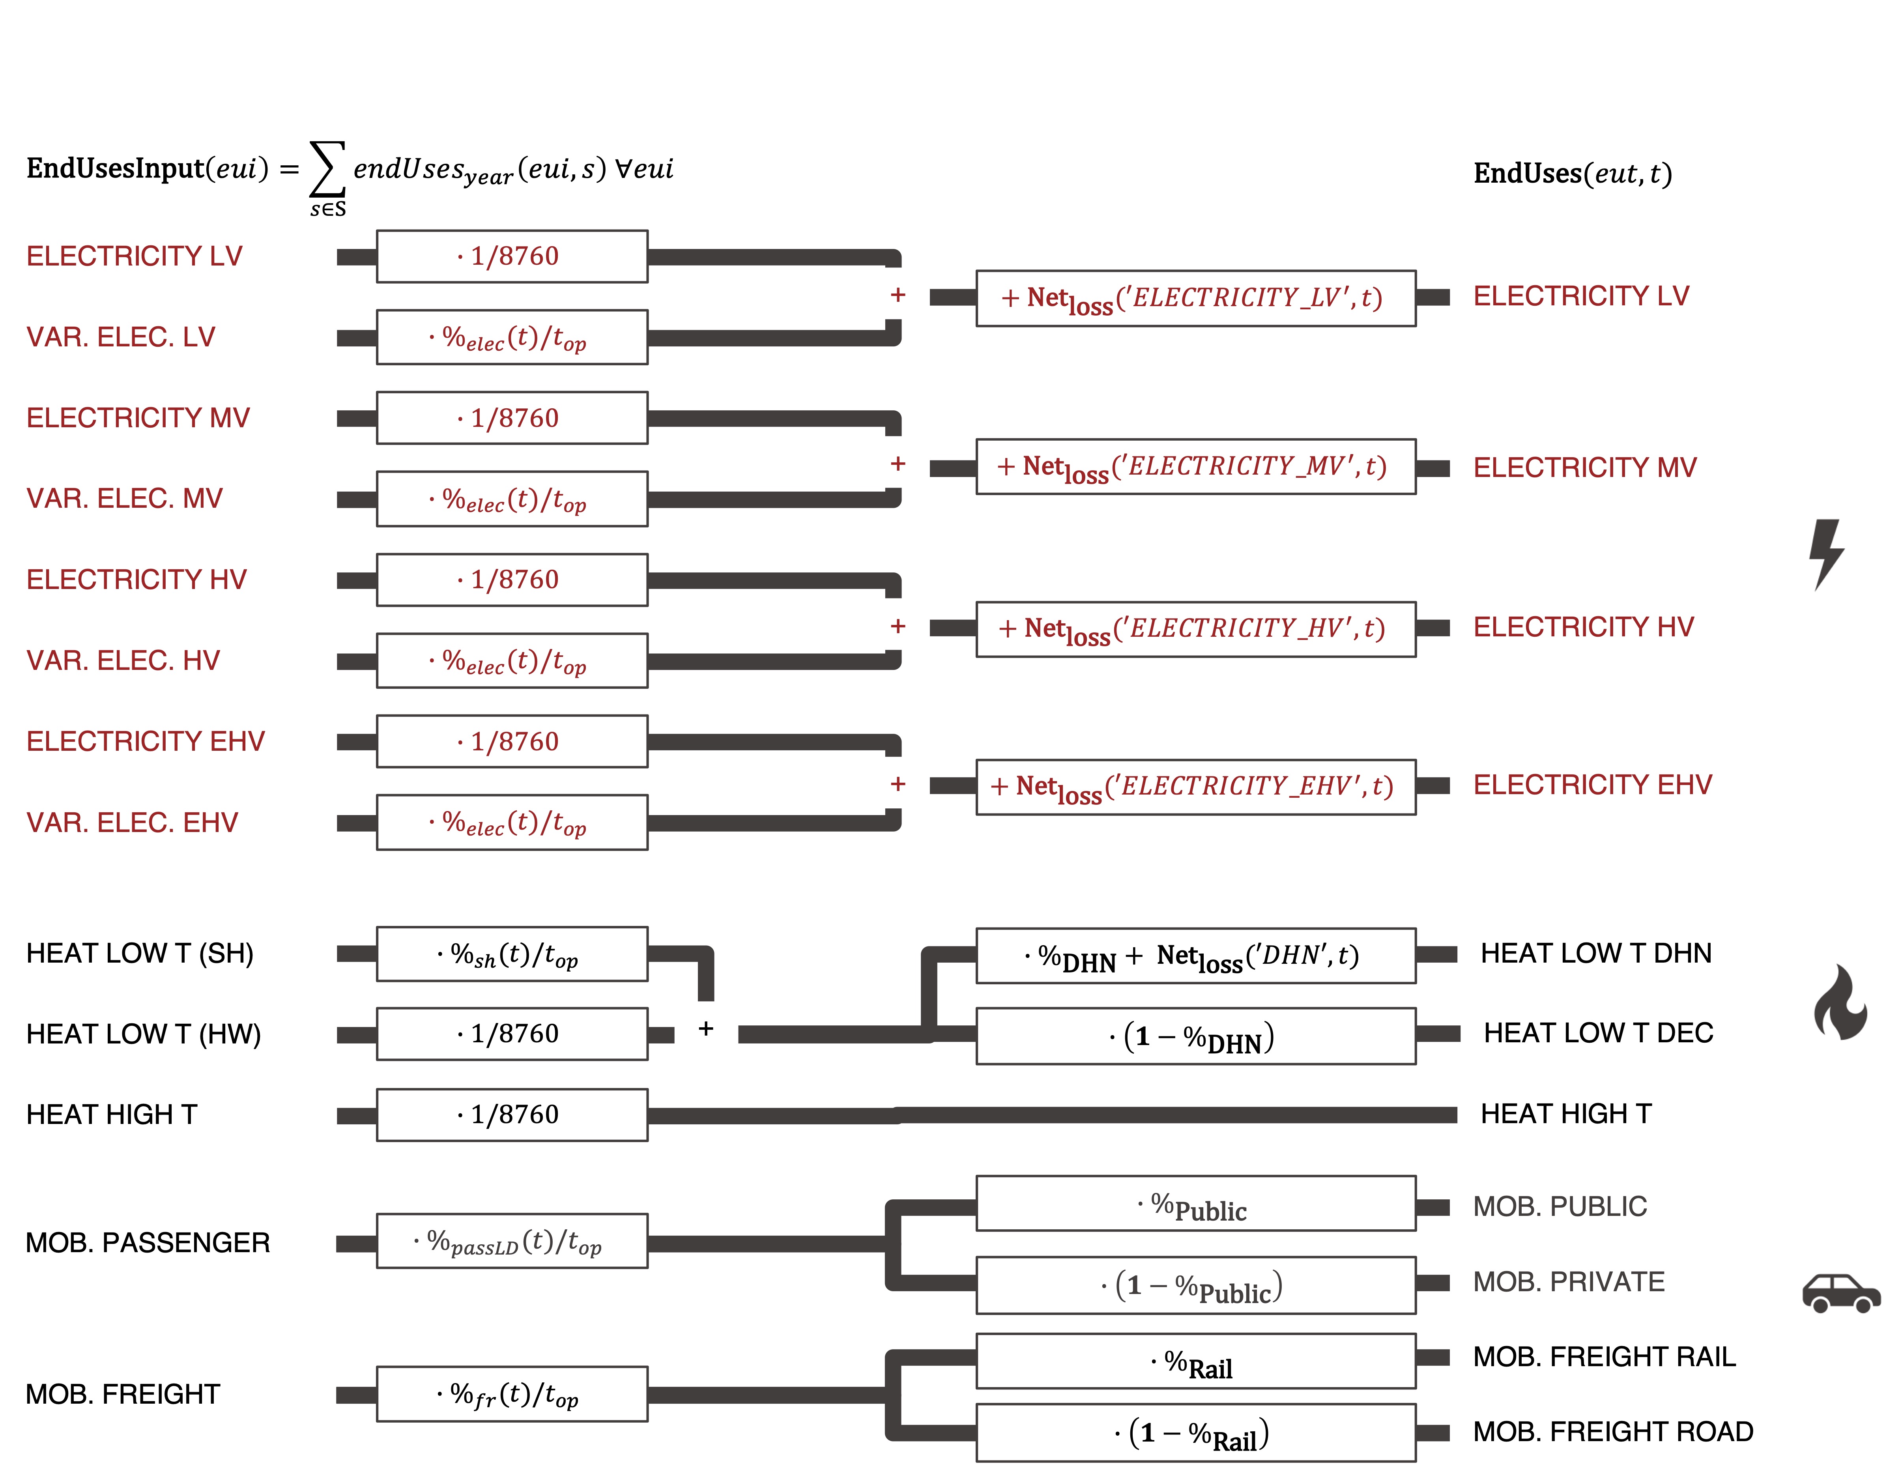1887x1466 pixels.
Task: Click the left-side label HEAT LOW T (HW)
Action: (144, 1034)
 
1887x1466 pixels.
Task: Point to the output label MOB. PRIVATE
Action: (1568, 1282)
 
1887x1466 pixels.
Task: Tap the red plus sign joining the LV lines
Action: (898, 295)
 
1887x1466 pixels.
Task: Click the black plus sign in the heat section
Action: (706, 1028)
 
